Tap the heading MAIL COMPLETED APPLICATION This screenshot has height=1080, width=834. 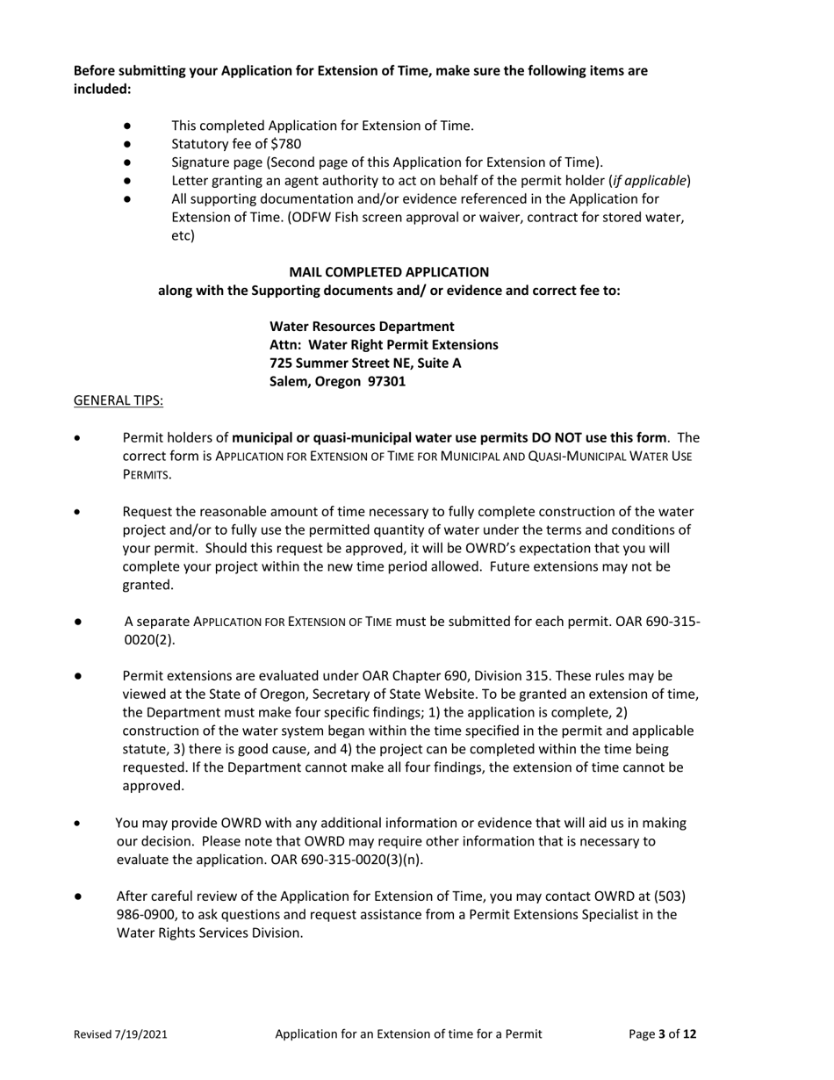tap(389, 272)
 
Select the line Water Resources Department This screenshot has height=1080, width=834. tap(362, 327)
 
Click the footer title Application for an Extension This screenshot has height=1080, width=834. tap(408, 1034)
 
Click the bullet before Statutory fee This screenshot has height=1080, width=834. tap(128, 144)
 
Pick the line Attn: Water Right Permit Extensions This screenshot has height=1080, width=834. tap(384, 345)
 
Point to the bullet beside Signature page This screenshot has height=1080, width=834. tap(128, 162)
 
